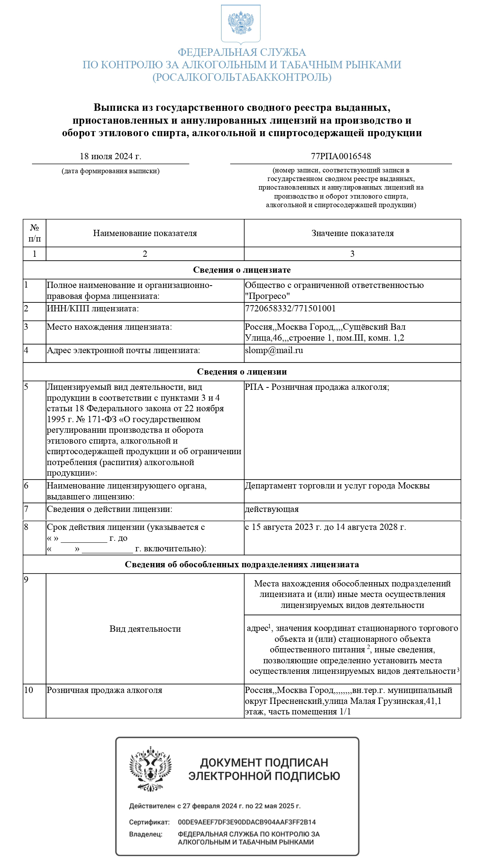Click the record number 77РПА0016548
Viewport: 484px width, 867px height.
click(x=341, y=156)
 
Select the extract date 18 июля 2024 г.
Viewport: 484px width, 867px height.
click(x=110, y=156)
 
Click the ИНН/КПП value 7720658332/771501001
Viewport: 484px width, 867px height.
click(x=290, y=309)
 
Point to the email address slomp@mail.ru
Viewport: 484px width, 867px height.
click(x=274, y=350)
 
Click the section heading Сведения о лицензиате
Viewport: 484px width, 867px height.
click(x=242, y=270)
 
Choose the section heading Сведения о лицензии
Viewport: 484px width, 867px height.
click(x=242, y=372)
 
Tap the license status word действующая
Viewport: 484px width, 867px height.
click(x=272, y=509)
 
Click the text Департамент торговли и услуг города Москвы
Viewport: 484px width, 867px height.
click(x=337, y=486)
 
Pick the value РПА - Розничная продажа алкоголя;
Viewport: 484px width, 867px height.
click(x=317, y=387)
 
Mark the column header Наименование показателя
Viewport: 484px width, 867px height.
click(x=145, y=233)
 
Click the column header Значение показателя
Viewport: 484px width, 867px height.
click(x=353, y=233)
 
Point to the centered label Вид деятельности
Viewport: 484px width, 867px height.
click(x=145, y=629)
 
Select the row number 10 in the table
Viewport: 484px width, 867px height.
click(x=28, y=690)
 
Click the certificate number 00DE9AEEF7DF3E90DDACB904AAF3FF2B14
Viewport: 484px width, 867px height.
click(x=247, y=822)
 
